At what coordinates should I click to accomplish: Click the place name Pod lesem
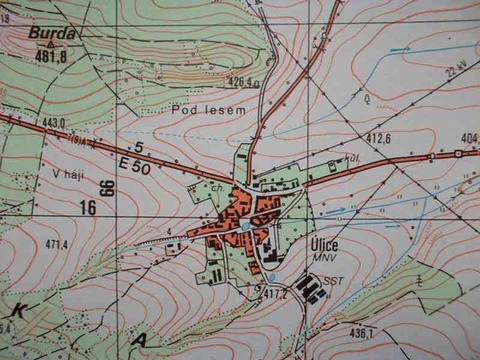[x=200, y=110]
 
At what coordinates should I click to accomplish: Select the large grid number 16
[x=88, y=207]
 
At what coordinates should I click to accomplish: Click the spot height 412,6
[x=379, y=140]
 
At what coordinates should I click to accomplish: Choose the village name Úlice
[x=325, y=245]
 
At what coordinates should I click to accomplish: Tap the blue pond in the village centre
[x=247, y=226]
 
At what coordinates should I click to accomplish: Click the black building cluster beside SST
[x=314, y=287]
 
